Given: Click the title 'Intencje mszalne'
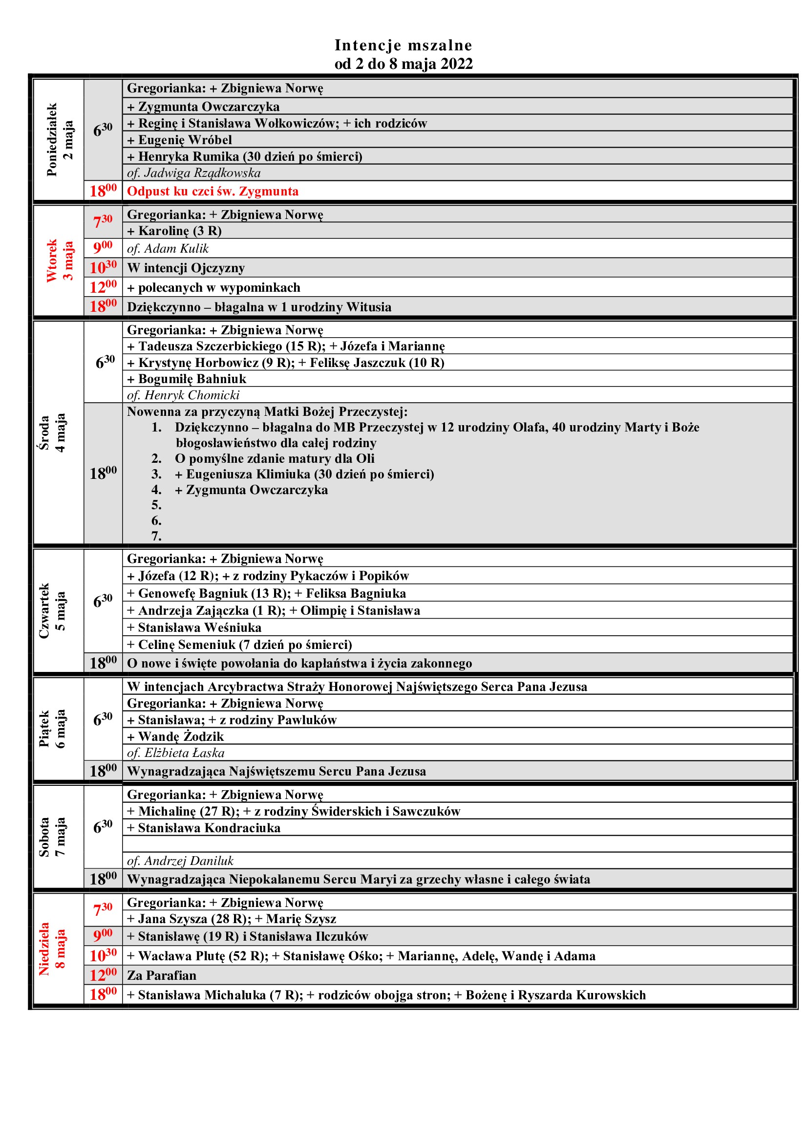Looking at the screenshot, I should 403,45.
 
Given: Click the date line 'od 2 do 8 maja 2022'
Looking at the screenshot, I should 403,64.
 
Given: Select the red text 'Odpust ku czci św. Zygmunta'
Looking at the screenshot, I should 213,191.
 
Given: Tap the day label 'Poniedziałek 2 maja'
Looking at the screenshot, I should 59,140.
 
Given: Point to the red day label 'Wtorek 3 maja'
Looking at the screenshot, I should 59,261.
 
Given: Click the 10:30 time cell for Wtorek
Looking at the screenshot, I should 103,268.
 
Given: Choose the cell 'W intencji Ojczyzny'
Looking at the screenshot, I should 186,268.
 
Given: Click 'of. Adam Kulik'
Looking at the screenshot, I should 168,248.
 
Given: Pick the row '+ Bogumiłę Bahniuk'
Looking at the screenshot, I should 187,379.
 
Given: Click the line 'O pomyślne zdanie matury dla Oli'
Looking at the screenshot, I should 274,458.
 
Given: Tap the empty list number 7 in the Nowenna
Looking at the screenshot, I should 157,536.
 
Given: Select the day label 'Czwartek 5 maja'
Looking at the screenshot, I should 52,611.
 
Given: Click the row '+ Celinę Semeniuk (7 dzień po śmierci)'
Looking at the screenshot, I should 239,645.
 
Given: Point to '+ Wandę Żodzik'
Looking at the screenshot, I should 175,736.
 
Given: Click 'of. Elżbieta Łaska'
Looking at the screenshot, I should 176,753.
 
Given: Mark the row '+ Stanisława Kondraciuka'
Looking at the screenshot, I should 204,828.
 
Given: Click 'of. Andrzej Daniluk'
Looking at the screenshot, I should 180,861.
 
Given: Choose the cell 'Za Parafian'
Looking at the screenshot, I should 162,975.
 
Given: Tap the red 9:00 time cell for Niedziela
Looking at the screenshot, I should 103,936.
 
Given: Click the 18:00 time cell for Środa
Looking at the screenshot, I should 103,473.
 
